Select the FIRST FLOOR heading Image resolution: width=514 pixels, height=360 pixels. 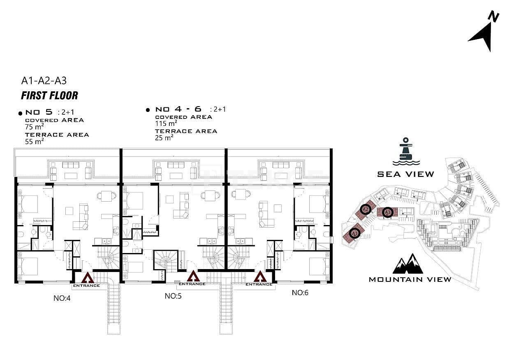coord(50,95)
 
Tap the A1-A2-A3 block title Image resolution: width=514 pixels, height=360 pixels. coord(44,81)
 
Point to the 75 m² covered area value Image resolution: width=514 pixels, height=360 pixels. coord(35,127)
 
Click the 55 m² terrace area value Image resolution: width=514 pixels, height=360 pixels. coord(35,142)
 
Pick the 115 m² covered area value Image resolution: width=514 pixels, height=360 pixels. coord(166,123)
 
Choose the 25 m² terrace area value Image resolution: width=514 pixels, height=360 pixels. coord(164,138)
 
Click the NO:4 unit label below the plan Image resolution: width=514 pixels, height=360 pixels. coord(62,298)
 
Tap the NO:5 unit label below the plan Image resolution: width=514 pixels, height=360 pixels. coord(173,296)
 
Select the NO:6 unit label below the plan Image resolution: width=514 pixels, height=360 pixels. coord(300,293)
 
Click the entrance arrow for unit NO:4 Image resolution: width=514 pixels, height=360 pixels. coord(88,278)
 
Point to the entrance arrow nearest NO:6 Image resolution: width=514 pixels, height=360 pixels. coord(260,276)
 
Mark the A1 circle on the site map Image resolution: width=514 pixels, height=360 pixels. coord(354,233)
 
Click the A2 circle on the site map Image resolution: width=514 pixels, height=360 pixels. coord(366,209)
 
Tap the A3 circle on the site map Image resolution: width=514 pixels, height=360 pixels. coord(388,212)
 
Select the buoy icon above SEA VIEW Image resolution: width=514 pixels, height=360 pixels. coord(406,151)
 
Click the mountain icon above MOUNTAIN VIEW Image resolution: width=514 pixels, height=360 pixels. coord(408,264)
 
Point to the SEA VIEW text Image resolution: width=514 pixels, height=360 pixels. coord(406,174)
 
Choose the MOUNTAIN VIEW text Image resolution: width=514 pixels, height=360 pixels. coord(410,279)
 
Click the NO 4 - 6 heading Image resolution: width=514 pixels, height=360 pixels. coord(178,109)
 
